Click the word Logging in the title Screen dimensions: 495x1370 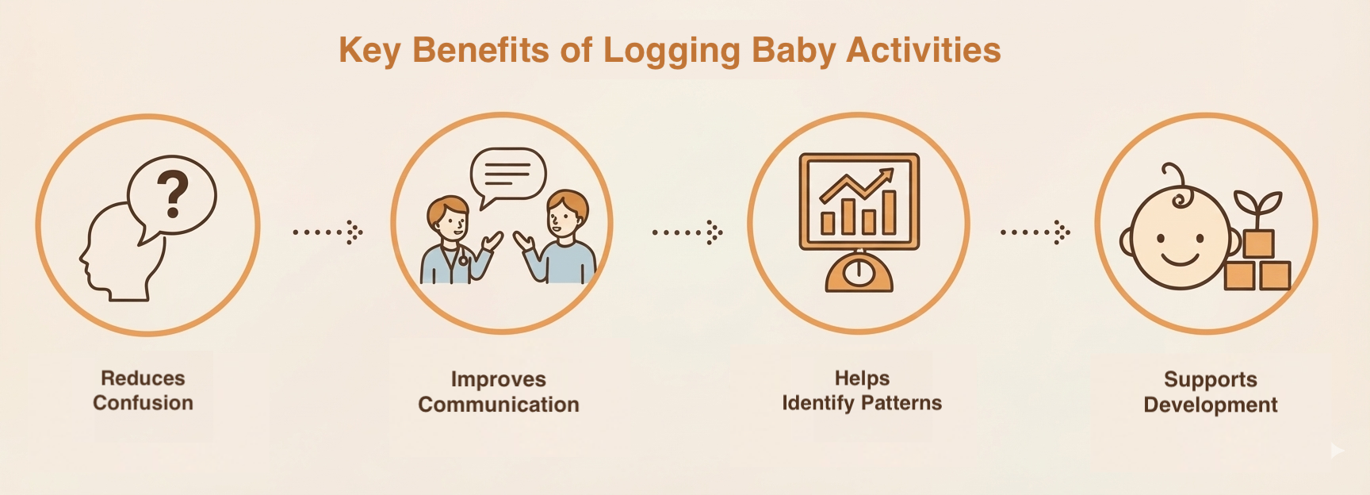click(672, 51)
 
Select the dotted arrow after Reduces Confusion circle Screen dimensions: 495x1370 click(327, 232)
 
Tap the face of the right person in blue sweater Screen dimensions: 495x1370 click(564, 215)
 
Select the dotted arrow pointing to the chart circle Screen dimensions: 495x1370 click(687, 232)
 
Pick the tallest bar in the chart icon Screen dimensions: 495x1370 click(889, 212)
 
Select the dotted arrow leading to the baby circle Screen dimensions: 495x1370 click(1035, 232)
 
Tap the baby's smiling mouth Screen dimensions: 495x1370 click(1179, 259)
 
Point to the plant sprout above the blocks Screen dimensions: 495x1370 click(1257, 207)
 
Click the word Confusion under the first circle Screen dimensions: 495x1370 click(143, 403)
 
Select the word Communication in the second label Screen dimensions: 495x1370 click(499, 405)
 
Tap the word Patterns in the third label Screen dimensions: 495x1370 click(901, 403)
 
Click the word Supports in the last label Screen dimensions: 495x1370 click(1210, 379)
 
